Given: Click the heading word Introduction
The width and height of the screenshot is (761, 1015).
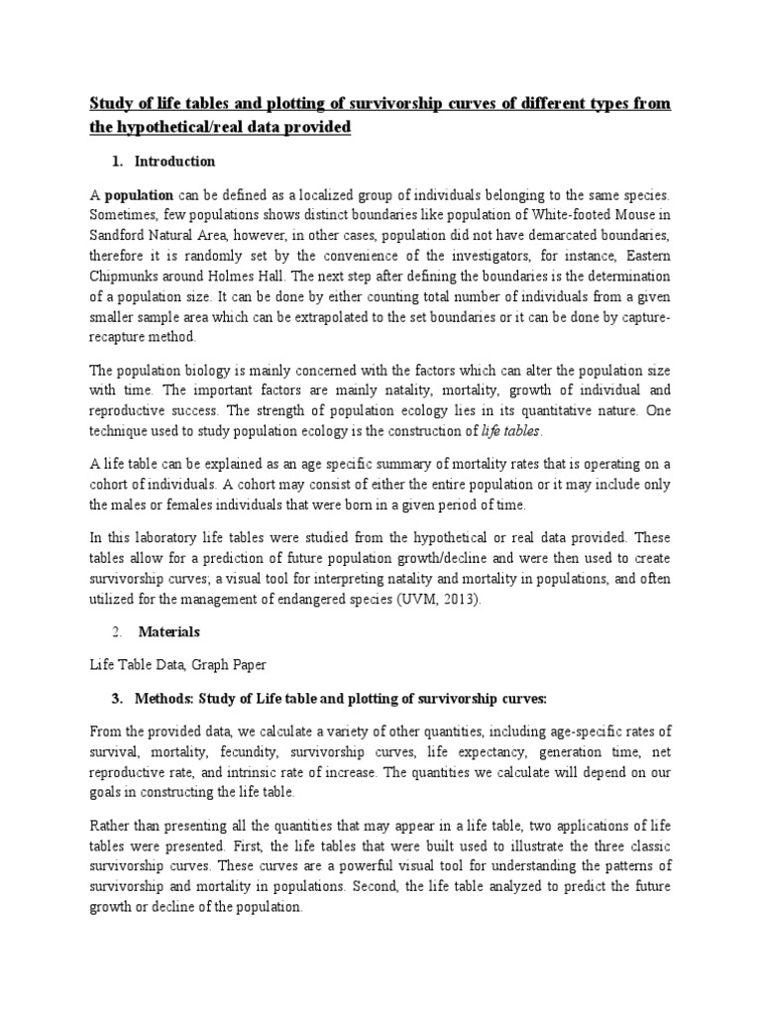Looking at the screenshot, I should pos(174,162).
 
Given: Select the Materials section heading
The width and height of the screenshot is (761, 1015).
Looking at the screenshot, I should pos(168,630).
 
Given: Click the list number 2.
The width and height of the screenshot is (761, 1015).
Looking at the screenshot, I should pos(117,630).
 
